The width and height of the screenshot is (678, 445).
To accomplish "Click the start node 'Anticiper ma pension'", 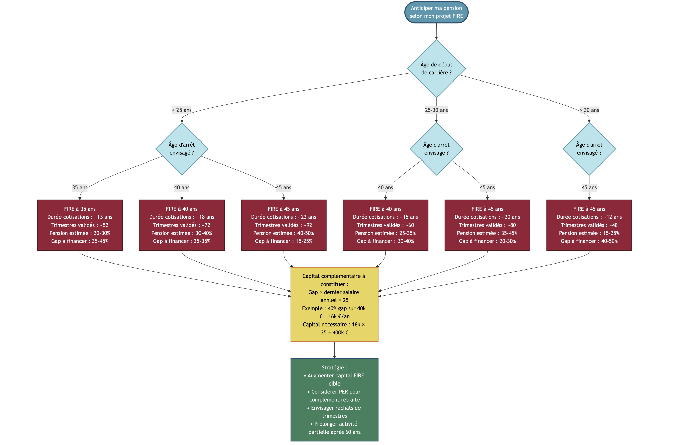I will point(436,12).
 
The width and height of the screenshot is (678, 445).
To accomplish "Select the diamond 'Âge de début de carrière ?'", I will point(436,69).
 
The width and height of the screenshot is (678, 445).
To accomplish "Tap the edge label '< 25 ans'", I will point(182,110).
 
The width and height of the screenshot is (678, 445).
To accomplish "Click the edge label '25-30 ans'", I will point(436,110).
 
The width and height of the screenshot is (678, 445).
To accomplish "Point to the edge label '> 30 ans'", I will point(589,110).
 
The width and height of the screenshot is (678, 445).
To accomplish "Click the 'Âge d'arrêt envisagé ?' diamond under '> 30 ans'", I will point(589,149).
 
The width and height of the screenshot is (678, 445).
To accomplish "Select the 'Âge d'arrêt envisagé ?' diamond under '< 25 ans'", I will point(182,149).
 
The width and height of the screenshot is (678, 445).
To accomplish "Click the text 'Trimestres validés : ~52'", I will point(80,225).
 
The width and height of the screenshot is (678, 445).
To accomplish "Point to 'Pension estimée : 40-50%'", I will point(284,233).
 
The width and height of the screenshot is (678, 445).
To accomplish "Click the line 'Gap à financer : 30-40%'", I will point(385,241).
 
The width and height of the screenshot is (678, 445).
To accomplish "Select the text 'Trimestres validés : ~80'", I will point(487,225).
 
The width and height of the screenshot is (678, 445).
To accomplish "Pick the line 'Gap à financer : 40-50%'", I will point(589,241).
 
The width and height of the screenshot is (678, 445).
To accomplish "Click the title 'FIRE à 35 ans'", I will point(80,209).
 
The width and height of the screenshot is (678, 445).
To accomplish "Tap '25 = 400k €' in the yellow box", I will point(334,332).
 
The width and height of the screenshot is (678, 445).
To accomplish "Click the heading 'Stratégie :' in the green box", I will point(334,368).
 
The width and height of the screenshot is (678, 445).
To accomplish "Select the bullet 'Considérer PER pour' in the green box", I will point(334,392).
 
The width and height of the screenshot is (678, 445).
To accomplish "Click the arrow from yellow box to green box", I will point(334,350).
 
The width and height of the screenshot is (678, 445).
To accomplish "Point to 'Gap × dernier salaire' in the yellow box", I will point(334,292).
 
